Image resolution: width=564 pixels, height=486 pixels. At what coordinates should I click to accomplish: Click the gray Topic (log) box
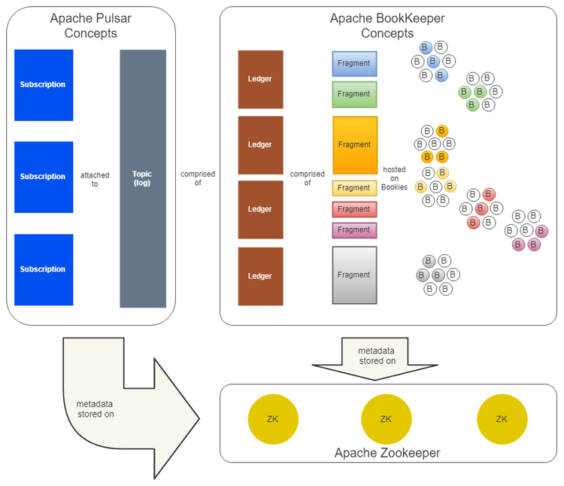coord(143,178)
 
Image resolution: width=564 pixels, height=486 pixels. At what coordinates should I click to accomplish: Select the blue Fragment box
coord(354,64)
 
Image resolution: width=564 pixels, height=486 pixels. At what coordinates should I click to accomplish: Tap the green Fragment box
coord(354,94)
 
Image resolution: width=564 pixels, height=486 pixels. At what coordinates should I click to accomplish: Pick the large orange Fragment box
coord(354,144)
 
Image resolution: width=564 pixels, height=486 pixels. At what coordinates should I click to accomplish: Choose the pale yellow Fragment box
coord(354,188)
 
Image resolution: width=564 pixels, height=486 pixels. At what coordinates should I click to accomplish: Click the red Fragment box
coord(354,209)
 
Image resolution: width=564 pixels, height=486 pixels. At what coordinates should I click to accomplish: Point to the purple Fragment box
coord(354,230)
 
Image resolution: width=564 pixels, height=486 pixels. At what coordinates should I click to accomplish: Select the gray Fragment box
coord(354,275)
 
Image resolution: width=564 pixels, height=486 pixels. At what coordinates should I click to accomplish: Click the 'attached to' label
coord(95,179)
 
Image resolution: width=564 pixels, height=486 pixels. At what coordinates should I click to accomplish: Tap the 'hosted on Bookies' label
coord(394,178)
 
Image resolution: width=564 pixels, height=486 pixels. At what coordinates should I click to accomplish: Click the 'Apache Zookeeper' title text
coord(387,453)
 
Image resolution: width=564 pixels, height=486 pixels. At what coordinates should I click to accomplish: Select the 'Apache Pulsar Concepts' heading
coord(90,26)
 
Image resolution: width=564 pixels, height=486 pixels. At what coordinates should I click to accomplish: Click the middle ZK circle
coord(386,419)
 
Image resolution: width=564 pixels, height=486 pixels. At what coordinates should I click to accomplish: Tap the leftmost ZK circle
coord(272,419)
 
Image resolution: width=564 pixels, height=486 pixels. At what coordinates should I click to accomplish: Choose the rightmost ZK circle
coord(502,419)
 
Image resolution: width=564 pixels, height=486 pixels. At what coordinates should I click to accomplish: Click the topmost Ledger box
coord(260,79)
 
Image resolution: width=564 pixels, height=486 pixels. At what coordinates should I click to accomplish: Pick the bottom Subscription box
coord(44,269)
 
